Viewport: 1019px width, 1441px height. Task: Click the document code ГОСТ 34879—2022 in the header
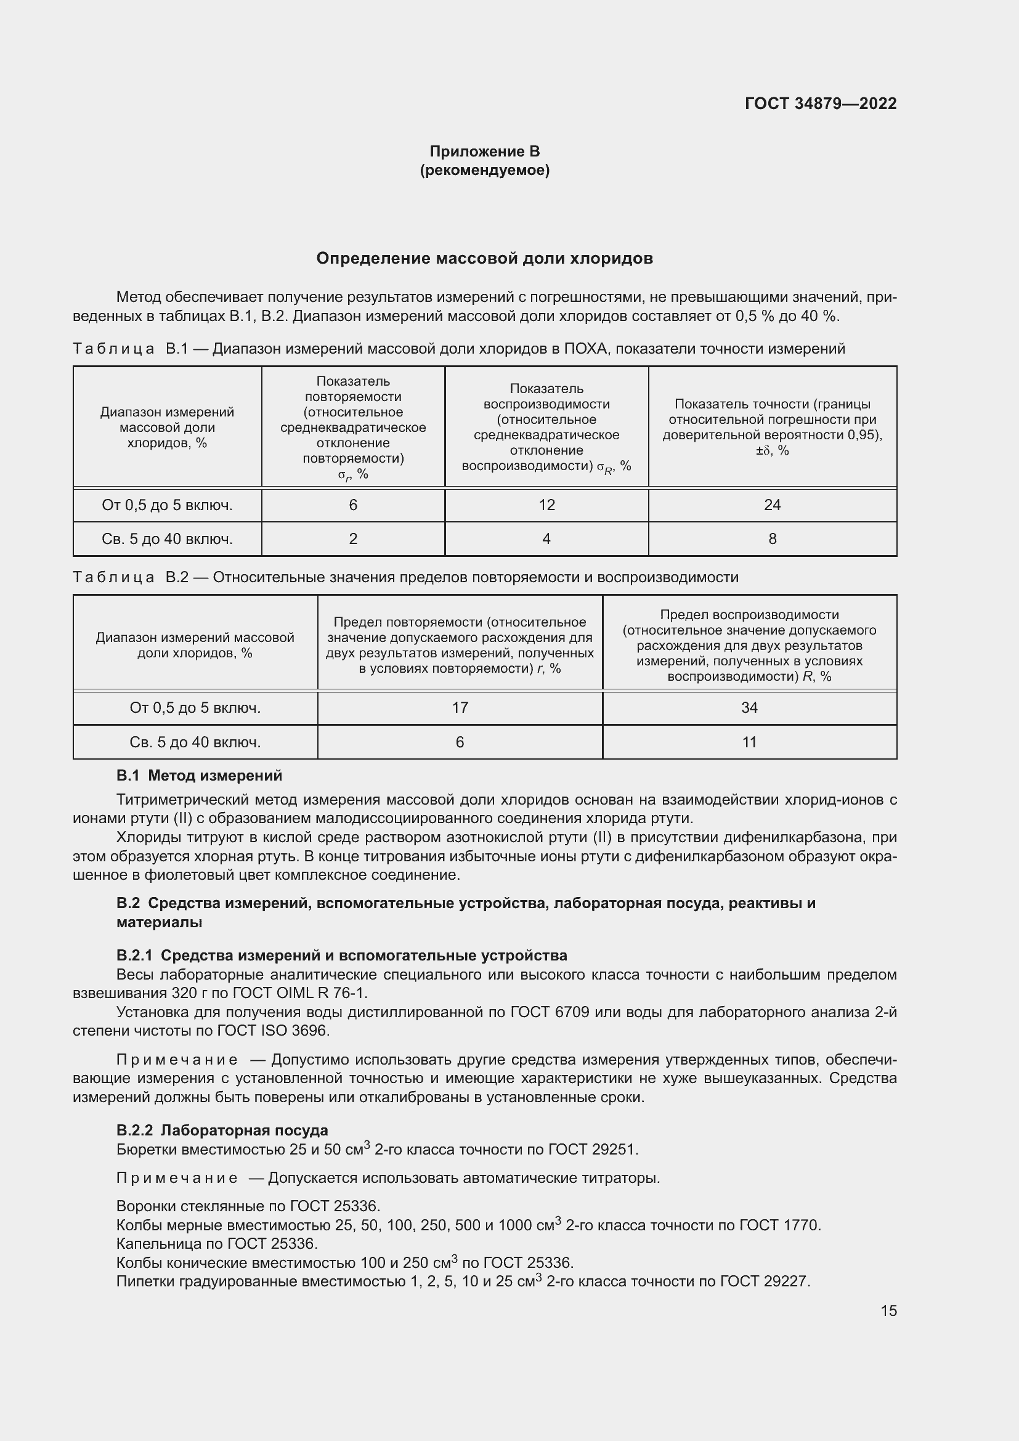[x=820, y=104]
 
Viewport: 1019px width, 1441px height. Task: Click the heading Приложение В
[x=484, y=152]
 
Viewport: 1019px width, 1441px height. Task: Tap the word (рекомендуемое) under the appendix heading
[x=484, y=170]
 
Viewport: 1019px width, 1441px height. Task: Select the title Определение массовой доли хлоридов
[x=484, y=259]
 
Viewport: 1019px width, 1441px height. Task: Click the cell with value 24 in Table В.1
[x=772, y=505]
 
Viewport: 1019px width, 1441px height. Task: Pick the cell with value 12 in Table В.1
[x=546, y=505]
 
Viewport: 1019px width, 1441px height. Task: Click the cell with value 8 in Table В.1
[x=772, y=538]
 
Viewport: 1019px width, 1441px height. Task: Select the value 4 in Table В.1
[x=546, y=538]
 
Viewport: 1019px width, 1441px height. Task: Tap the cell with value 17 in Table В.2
[x=460, y=707]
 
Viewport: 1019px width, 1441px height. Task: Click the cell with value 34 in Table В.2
[x=749, y=707]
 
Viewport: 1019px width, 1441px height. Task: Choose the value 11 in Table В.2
[x=749, y=742]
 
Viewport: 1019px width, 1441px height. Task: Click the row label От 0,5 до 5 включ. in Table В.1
[x=167, y=505]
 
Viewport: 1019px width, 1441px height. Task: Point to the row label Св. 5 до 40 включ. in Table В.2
[x=195, y=742]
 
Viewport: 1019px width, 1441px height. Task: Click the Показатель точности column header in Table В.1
[x=772, y=427]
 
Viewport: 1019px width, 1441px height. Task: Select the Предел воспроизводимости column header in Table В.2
[x=749, y=645]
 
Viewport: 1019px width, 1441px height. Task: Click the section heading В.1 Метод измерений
[x=199, y=776]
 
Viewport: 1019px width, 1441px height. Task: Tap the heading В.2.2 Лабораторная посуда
[x=222, y=1130]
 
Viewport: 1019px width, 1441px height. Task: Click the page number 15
[x=888, y=1310]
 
